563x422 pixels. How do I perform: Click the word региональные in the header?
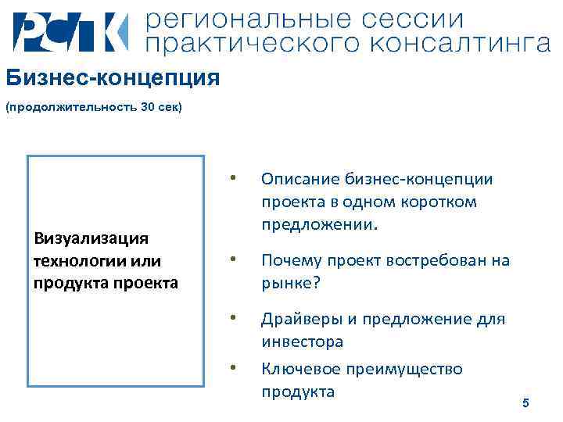[247, 19]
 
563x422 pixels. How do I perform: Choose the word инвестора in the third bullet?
[302, 342]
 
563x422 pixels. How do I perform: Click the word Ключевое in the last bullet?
[296, 369]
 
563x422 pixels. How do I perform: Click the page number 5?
[525, 402]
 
